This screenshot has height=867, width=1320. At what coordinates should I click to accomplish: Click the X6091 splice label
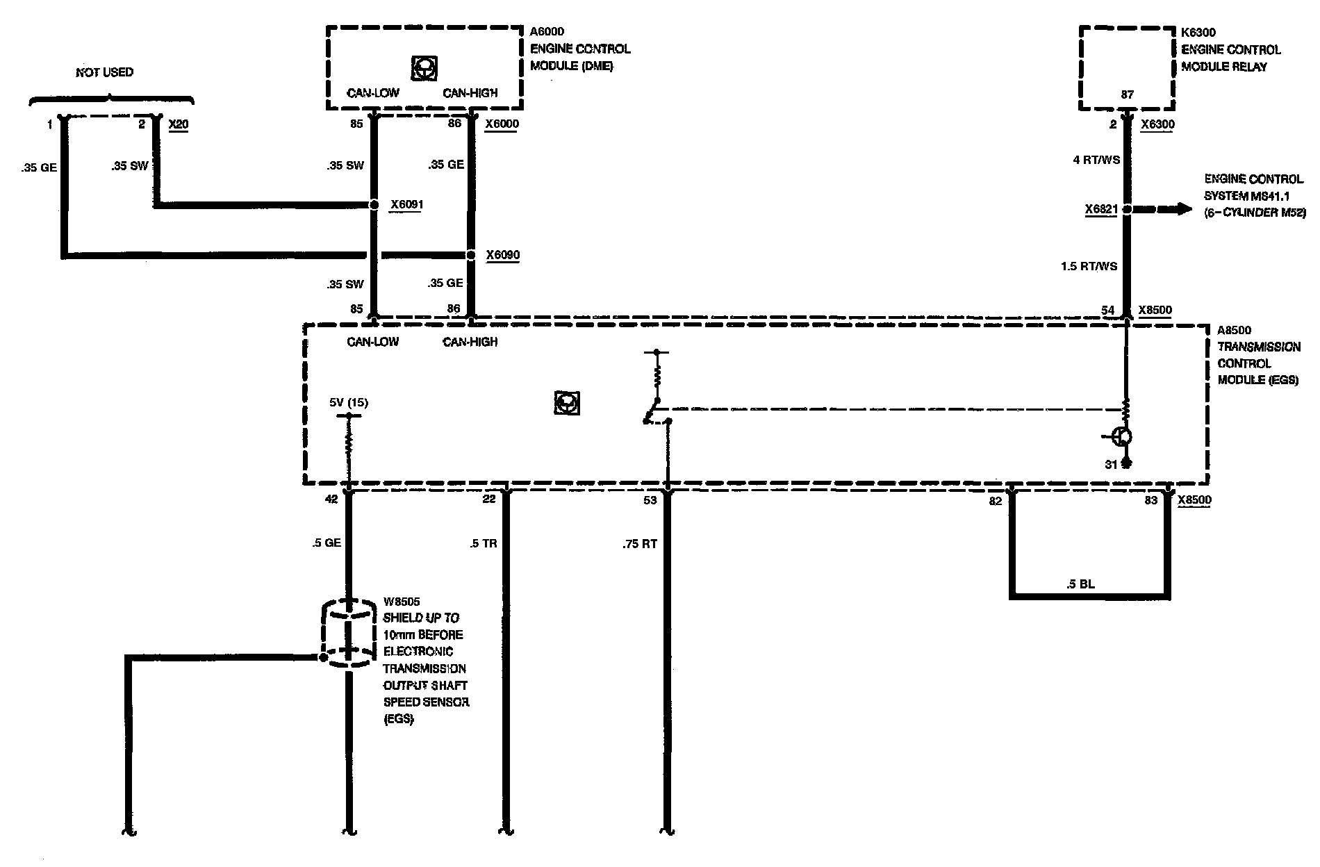pyautogui.click(x=406, y=205)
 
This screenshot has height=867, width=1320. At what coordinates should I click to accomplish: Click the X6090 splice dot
pyautogui.click(x=470, y=255)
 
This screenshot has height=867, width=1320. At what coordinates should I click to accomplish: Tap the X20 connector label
pyautogui.click(x=179, y=124)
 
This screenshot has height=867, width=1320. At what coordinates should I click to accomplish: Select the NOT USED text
pyautogui.click(x=104, y=72)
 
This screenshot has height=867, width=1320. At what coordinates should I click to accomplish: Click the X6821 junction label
pyautogui.click(x=1101, y=208)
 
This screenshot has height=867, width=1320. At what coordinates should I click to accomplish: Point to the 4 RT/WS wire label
pyautogui.click(x=1096, y=160)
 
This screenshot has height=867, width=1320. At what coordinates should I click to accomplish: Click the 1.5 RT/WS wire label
pyautogui.click(x=1089, y=266)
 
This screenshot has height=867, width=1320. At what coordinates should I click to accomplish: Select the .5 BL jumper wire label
pyautogui.click(x=1080, y=584)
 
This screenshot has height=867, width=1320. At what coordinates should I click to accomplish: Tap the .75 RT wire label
pyautogui.click(x=640, y=544)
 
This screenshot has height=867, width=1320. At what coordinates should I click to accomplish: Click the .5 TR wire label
pyautogui.click(x=484, y=543)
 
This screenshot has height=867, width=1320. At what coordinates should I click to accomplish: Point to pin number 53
pyautogui.click(x=650, y=500)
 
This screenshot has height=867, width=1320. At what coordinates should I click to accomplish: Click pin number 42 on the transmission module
pyautogui.click(x=331, y=499)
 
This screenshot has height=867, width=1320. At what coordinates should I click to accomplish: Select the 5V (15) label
pyautogui.click(x=349, y=403)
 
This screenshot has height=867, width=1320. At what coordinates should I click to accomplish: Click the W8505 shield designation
pyautogui.click(x=402, y=602)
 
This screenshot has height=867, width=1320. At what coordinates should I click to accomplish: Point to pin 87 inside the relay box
pyautogui.click(x=1128, y=95)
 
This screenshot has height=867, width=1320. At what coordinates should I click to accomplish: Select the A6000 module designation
pyautogui.click(x=547, y=31)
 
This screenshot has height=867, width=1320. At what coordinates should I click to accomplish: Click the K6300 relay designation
pyautogui.click(x=1198, y=32)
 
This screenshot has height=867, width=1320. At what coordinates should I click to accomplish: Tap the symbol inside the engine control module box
pyautogui.click(x=424, y=68)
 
